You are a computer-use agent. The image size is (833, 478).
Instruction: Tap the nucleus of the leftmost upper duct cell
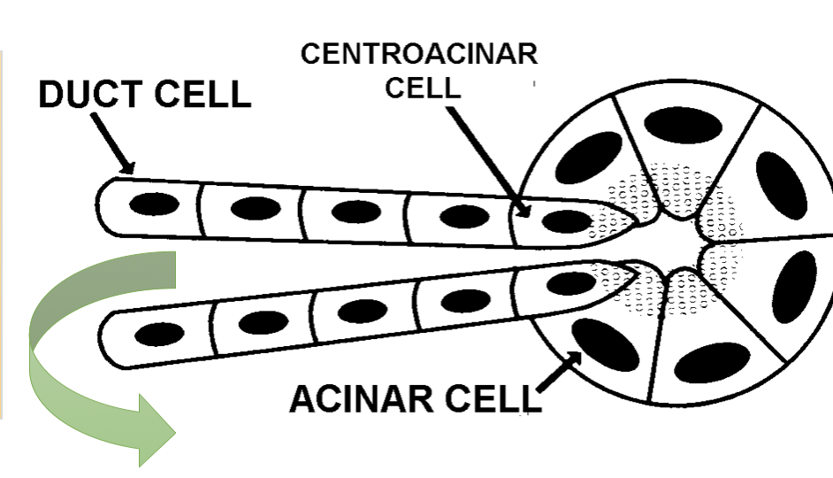coord(154,204)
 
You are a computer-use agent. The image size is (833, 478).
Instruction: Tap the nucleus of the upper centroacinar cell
coord(562,219)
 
